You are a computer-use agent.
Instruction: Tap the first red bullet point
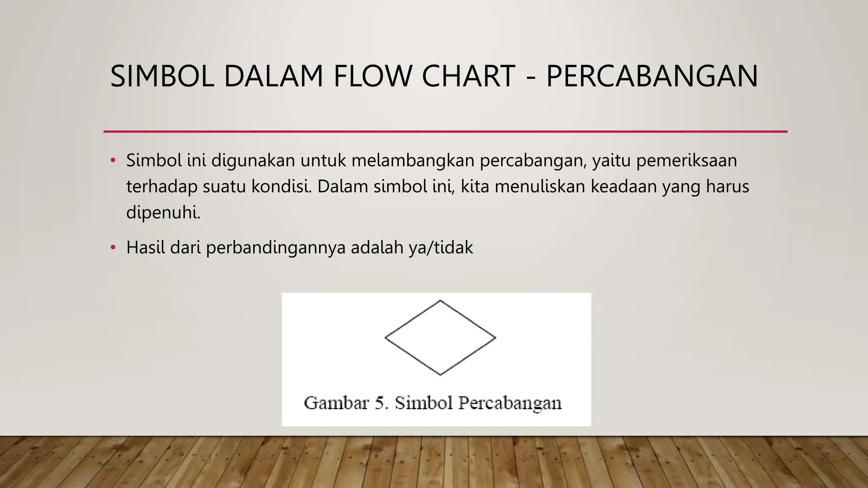(x=113, y=161)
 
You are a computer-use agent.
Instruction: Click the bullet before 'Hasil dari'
(x=113, y=248)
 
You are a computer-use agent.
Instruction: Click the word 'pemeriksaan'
(x=687, y=161)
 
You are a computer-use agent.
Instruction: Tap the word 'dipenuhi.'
(x=163, y=212)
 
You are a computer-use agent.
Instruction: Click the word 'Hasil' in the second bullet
(x=146, y=248)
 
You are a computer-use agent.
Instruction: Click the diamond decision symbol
(x=440, y=338)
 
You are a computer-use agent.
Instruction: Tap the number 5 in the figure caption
(x=381, y=403)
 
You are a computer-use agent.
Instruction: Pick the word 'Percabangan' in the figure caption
(x=510, y=403)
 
